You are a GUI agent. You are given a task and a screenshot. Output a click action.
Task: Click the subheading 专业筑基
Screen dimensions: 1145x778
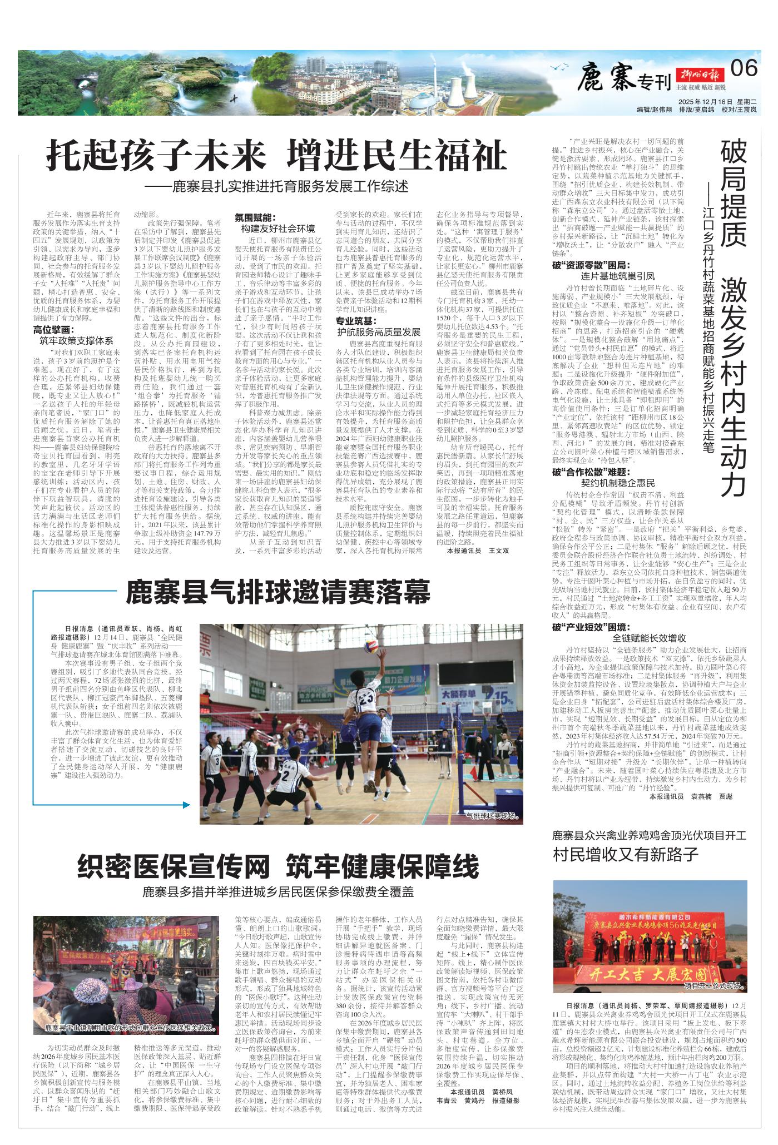(x=356, y=321)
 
